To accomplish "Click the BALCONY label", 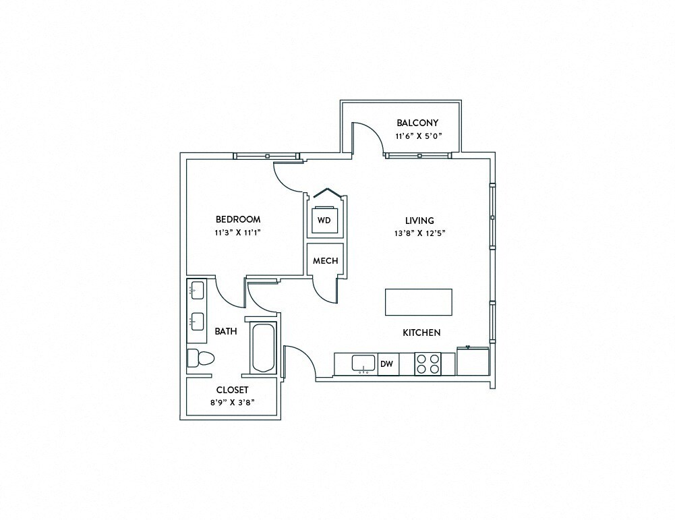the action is point(417,123).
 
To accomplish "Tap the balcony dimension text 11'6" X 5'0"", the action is point(417,136).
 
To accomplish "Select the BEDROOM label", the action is point(237,219).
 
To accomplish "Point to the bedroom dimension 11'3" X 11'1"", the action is point(237,233).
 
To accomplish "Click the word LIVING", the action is point(419,221).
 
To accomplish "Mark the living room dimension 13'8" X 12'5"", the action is point(419,233).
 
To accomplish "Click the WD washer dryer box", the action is point(324,221).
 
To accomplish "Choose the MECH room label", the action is point(326,261).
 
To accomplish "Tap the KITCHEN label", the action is point(421,333).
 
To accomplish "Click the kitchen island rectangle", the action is point(418,301).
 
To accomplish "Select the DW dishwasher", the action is point(387,364).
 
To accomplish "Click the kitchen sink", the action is point(364,364).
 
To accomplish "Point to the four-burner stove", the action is point(426,364).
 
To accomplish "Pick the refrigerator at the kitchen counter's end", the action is point(473,362).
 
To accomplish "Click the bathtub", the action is point(263,347).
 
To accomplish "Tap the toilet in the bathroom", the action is point(200,359).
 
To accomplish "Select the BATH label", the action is point(225,331).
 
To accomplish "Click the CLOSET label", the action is point(232,390).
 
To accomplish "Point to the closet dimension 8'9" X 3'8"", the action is point(232,403).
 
